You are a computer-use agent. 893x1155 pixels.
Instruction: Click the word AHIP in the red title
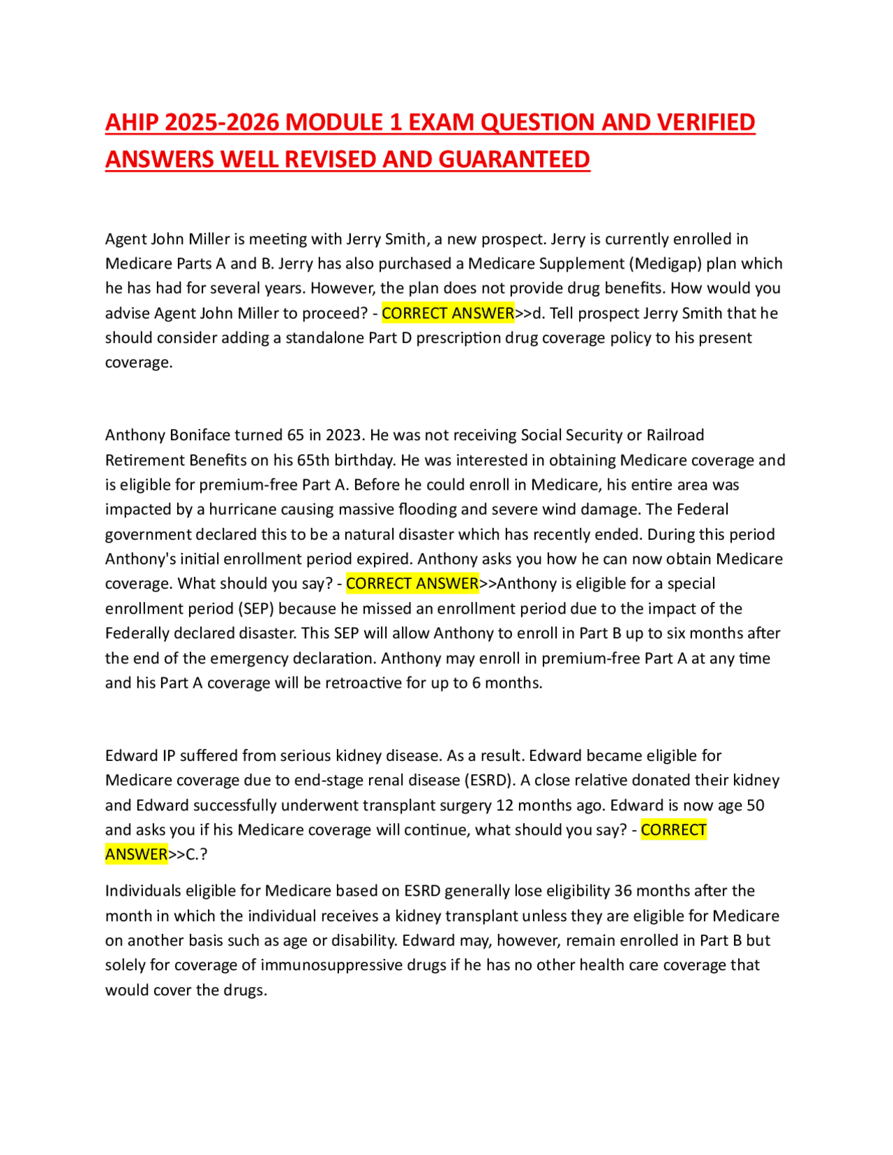133,123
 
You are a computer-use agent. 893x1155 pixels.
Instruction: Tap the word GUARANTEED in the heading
513,160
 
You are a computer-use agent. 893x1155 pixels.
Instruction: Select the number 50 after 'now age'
756,806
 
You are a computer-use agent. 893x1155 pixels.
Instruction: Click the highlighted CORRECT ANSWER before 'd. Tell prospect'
448,313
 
